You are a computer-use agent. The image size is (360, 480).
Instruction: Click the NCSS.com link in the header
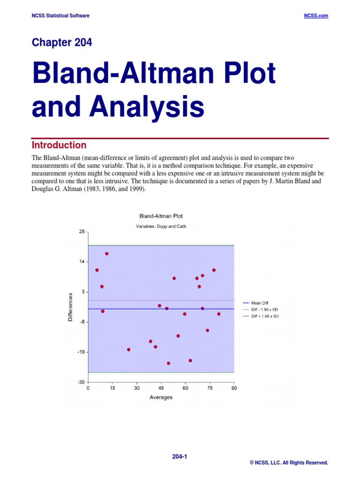[316, 15]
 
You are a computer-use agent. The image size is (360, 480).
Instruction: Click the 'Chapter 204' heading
[62, 43]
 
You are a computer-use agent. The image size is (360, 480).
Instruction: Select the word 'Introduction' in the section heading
[59, 145]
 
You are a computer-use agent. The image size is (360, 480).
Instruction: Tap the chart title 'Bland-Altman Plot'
[161, 216]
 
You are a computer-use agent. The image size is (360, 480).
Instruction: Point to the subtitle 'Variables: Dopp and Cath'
[161, 226]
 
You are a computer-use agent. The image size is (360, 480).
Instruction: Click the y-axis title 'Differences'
[71, 307]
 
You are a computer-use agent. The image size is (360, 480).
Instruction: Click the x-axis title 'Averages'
[161, 397]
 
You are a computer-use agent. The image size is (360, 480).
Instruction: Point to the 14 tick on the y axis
[82, 262]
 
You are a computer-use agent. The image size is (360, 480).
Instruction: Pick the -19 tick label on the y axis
[81, 352]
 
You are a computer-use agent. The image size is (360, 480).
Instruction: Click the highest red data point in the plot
[107, 254]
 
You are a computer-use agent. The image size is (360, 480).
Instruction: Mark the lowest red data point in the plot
[169, 363]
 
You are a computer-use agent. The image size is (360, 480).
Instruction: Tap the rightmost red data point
[219, 314]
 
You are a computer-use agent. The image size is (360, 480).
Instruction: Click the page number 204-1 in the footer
[180, 456]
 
